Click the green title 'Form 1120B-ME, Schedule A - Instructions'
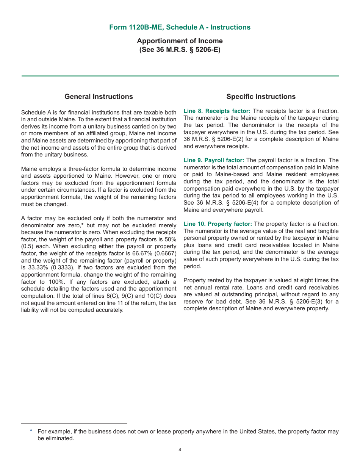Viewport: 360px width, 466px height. tap(180, 27)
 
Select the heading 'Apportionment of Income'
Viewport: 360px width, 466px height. tap(180, 41)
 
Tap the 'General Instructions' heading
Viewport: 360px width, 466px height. tap(99, 97)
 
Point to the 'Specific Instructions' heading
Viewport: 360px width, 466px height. tap(261, 97)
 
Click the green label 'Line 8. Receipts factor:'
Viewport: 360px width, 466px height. tap(217, 111)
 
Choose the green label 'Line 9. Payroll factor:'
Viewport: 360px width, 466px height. tap(214, 160)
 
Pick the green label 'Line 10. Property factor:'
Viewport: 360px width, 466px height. tap(218, 224)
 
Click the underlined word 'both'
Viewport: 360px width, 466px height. tap(118, 218)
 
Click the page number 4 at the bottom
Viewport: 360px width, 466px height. tap(180, 450)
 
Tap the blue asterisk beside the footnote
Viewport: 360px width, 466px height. tap(31, 431)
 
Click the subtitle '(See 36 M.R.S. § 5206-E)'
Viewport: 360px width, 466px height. tap(180, 50)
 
